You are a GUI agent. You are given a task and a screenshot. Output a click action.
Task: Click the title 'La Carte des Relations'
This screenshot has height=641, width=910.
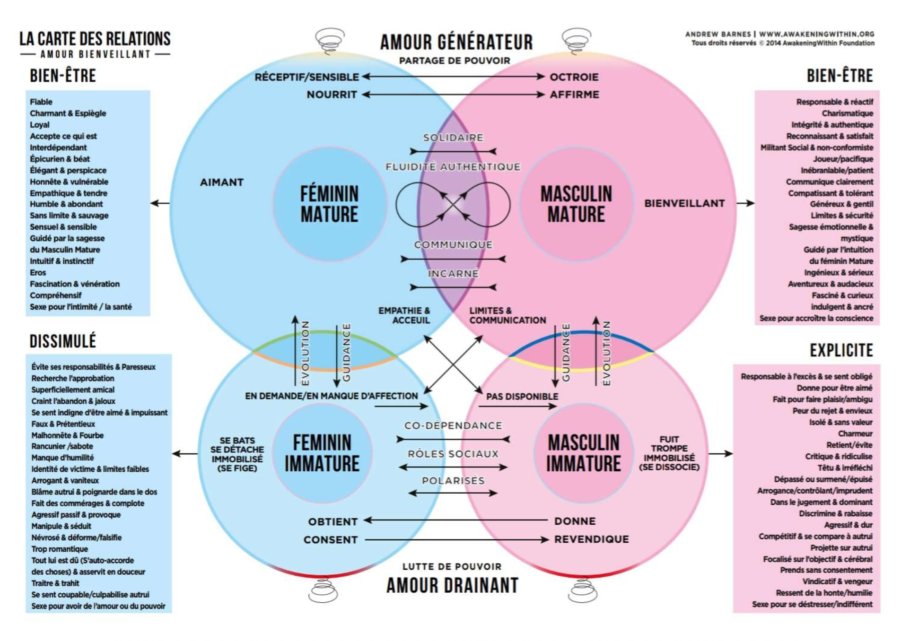[x=95, y=39]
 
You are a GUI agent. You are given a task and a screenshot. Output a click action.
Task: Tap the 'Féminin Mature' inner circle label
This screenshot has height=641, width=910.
[x=329, y=204]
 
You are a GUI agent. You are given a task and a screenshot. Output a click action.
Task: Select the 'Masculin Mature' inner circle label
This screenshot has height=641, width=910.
[x=576, y=204]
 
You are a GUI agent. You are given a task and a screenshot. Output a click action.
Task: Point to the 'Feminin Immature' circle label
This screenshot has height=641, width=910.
[x=322, y=453]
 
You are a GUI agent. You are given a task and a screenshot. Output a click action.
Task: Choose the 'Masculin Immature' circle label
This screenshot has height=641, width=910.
[x=583, y=453]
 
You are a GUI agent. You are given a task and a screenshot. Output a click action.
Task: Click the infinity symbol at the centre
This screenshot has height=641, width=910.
[x=453, y=204]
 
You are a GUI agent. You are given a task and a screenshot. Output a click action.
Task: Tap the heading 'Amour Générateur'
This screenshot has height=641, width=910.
[x=456, y=42]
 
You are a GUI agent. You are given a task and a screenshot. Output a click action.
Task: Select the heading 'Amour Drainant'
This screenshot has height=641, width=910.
[x=452, y=585]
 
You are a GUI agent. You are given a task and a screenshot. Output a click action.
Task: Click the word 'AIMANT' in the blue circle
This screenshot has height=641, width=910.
[x=221, y=182]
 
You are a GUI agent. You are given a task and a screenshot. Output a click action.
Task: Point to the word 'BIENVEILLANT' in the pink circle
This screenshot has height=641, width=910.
[x=684, y=203]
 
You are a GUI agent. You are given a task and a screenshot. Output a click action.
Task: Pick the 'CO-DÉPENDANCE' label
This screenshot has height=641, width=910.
[x=453, y=425]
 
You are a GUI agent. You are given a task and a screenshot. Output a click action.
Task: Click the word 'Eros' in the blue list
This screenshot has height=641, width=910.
[x=38, y=273]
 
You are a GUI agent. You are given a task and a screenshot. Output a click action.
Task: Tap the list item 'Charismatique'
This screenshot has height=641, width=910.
[x=847, y=113]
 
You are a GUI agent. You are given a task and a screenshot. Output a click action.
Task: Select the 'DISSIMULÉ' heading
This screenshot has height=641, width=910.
[x=62, y=341]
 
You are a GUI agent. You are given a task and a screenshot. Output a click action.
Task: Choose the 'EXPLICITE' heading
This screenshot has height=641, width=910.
[x=841, y=350]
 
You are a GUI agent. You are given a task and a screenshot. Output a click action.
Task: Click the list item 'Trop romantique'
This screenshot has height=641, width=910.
[x=60, y=549]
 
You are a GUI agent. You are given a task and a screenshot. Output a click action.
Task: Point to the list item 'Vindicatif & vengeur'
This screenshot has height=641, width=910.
[x=837, y=581]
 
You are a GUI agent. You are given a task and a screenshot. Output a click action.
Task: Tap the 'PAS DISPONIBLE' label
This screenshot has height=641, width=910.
[x=522, y=397]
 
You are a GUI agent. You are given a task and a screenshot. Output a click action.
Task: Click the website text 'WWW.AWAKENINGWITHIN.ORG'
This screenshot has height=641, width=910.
[x=816, y=34]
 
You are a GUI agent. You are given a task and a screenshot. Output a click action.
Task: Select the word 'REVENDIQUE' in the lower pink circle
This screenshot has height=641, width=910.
[x=591, y=539]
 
